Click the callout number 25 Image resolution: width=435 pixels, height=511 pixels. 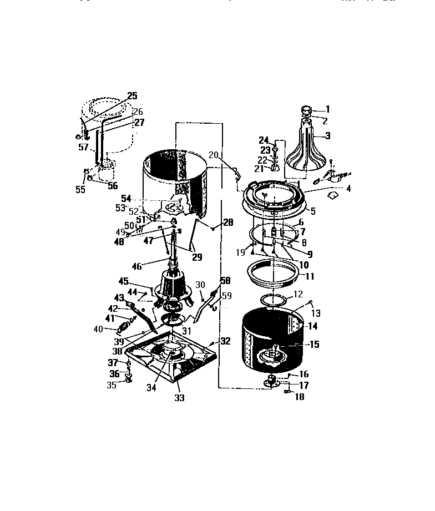coord(132,95)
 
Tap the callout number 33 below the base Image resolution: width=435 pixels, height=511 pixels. coord(179,398)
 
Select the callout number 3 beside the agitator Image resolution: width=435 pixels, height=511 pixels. coord(327,135)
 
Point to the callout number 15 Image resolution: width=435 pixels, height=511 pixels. coord(314,345)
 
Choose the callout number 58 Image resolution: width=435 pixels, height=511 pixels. coord(225,280)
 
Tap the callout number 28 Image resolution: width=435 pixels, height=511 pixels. coord(228,223)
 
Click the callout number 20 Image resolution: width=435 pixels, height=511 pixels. coord(214,154)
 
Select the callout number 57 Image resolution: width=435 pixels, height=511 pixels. coord(83,148)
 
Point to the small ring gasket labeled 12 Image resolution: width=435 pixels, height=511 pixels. coord(277,300)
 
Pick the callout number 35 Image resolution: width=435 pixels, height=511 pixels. coord(112,385)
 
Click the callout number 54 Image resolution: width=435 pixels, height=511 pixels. coord(127,198)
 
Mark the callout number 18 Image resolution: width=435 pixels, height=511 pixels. coord(300,397)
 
